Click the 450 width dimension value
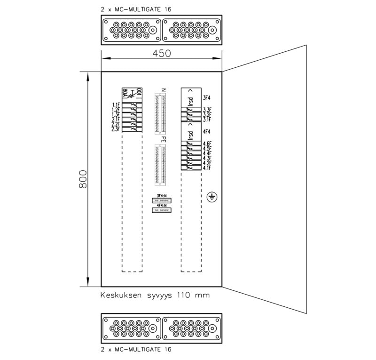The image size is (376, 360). coord(161,53)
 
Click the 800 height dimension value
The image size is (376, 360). coord(83,179)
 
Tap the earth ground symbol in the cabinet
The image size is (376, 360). coord(212,197)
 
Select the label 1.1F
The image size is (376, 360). coord(116,105)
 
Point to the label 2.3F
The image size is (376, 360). coord(116,128)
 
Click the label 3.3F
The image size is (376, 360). coord(207,110)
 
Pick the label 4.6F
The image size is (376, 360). coord(207,144)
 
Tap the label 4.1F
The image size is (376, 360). coord(207,168)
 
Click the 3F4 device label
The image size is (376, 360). coord(206,98)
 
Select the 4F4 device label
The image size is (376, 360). coord(206,132)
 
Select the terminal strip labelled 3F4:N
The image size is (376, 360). coord(162,200)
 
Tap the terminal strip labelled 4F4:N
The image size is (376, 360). coord(162,210)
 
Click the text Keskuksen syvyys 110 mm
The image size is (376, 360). coord(155,296)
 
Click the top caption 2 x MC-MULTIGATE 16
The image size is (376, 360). coord(136,9)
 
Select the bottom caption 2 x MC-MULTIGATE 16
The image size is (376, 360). coord(136,350)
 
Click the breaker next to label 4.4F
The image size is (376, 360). coord(188,153)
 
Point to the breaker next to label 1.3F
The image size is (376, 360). coord(133,114)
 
